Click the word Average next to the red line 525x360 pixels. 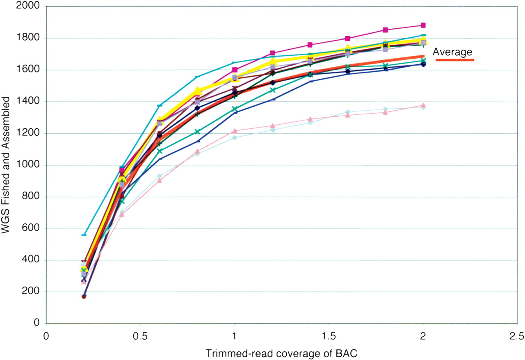452,52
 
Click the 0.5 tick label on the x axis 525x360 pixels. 140,336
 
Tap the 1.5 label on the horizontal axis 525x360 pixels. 328,336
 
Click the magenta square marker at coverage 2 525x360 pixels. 423,25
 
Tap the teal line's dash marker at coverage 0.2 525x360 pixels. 84,235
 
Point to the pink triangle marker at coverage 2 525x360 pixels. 423,105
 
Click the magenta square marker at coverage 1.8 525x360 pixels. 385,30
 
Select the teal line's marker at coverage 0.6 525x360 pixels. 159,106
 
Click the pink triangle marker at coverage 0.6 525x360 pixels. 160,180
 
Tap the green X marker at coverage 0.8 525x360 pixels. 197,132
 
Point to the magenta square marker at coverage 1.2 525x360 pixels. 272,53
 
